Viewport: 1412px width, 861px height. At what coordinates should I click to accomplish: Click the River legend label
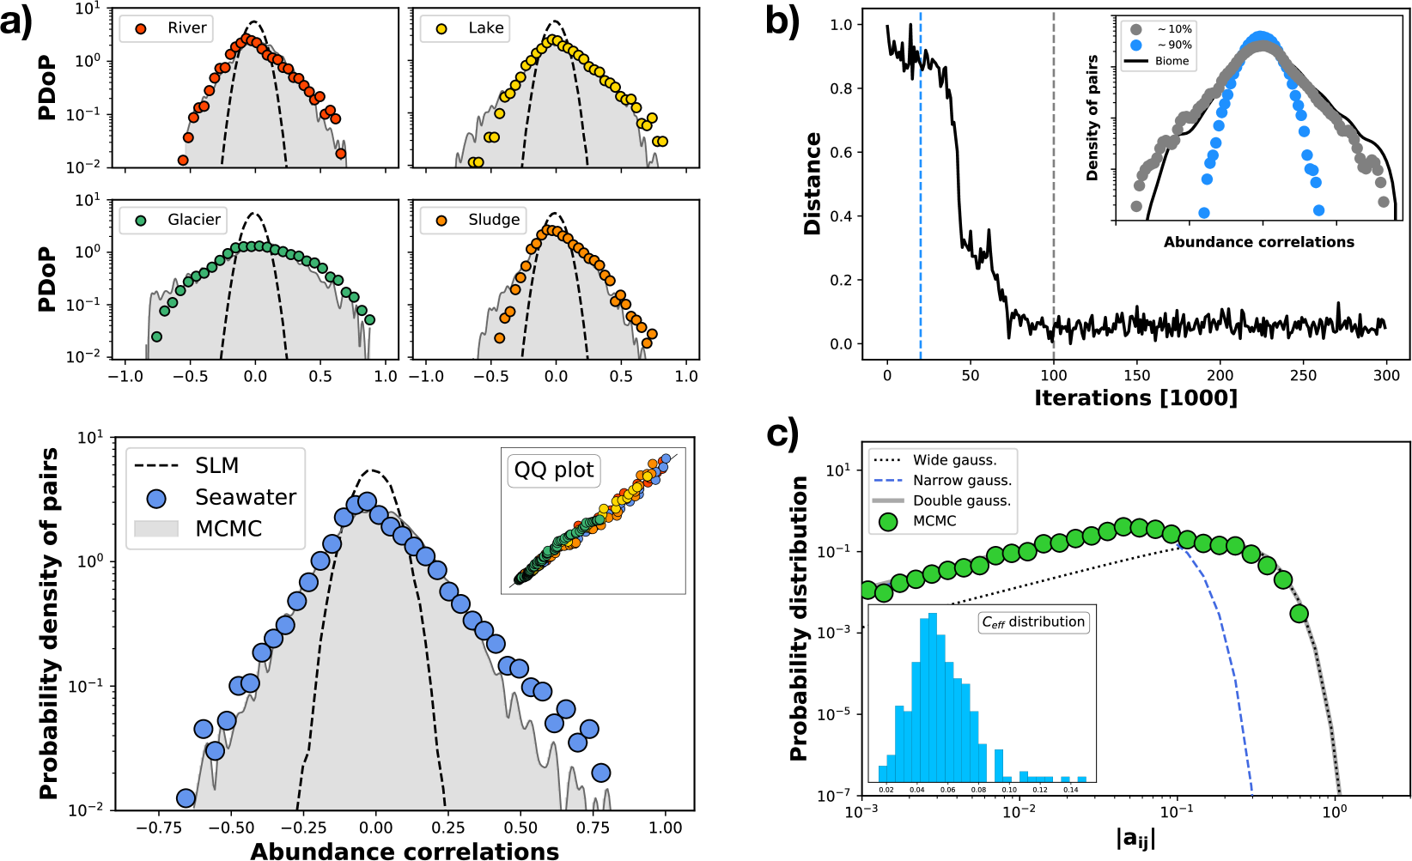[186, 28]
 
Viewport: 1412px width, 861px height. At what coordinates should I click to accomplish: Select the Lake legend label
[485, 28]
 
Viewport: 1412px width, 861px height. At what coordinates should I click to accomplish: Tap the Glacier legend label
[194, 220]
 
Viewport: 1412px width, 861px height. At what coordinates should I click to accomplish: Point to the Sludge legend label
[494, 220]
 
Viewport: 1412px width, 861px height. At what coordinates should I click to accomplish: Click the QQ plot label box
[554, 470]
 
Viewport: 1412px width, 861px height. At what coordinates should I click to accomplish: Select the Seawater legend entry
[245, 498]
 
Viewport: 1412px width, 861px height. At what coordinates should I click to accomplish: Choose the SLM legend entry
[216, 466]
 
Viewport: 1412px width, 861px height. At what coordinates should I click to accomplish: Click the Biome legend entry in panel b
[1172, 61]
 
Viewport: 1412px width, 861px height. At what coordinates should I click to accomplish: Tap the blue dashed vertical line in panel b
[921, 215]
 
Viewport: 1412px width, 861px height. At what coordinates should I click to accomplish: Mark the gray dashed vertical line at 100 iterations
[1054, 215]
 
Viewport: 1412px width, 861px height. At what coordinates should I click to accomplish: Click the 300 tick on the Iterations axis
[1386, 375]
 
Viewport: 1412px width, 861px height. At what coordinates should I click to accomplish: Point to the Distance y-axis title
[813, 184]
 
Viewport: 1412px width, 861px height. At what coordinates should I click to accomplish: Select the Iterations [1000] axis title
[1135, 398]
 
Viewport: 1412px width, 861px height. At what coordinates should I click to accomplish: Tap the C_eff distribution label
[1034, 621]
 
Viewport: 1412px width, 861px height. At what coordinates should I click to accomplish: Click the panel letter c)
[782, 434]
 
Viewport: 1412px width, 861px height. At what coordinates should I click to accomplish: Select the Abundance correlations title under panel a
[405, 851]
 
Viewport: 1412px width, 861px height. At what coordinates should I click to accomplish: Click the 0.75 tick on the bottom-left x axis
[593, 828]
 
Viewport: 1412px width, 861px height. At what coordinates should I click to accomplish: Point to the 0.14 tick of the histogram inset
[1070, 790]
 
